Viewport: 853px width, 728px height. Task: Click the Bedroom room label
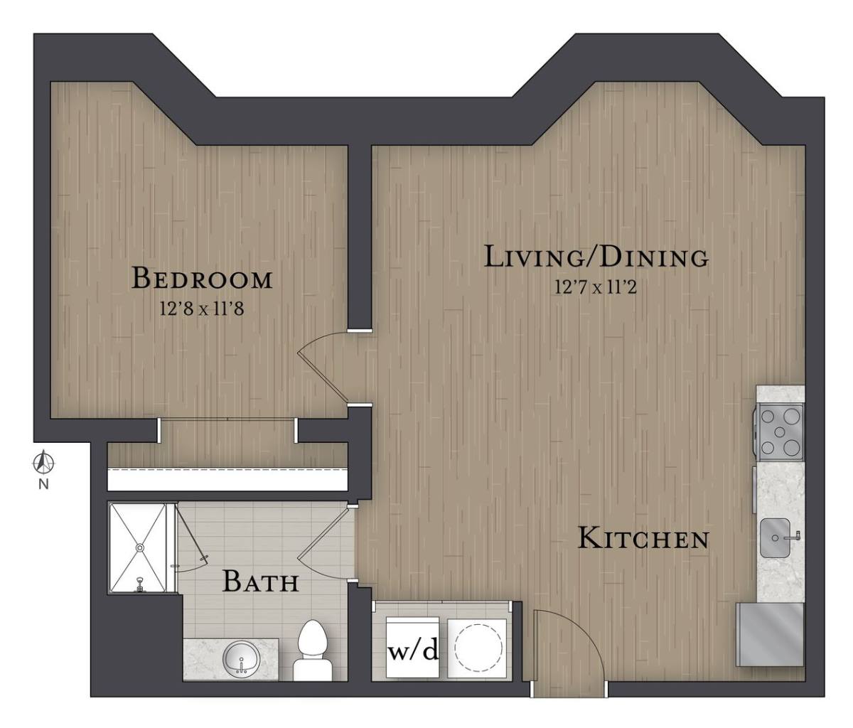[202, 278]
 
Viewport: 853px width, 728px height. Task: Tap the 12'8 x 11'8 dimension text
[202, 309]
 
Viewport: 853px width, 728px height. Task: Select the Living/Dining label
[596, 257]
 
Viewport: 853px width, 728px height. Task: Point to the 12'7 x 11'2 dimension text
[596, 287]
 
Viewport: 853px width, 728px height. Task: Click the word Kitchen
[643, 539]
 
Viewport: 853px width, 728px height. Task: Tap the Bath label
[260, 582]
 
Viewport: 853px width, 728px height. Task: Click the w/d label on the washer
[412, 653]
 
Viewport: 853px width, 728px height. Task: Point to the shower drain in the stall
[140, 547]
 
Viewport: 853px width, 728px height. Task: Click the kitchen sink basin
[775, 538]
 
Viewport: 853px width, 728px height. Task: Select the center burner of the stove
[779, 432]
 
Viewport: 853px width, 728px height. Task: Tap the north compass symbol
[43, 463]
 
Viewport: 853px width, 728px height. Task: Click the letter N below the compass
[43, 484]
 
